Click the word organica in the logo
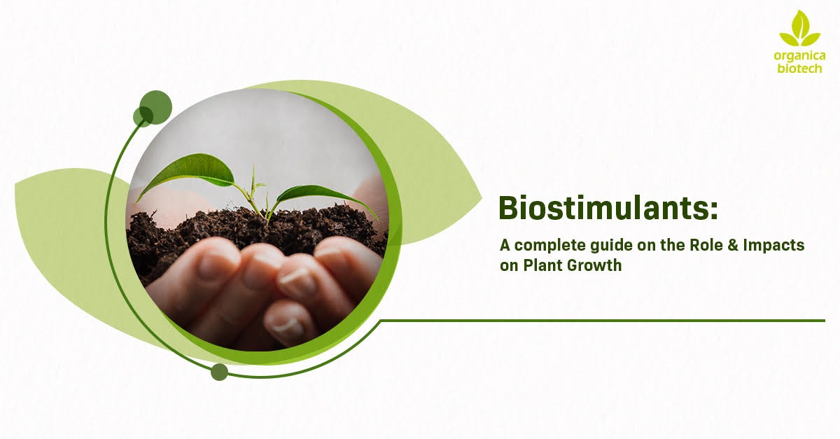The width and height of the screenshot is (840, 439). click(x=799, y=55)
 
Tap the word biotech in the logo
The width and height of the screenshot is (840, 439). click(x=799, y=68)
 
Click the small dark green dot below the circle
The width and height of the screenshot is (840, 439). click(x=219, y=372)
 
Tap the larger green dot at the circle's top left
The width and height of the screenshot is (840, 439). click(x=155, y=107)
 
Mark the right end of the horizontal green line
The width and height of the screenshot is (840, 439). click(x=823, y=321)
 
